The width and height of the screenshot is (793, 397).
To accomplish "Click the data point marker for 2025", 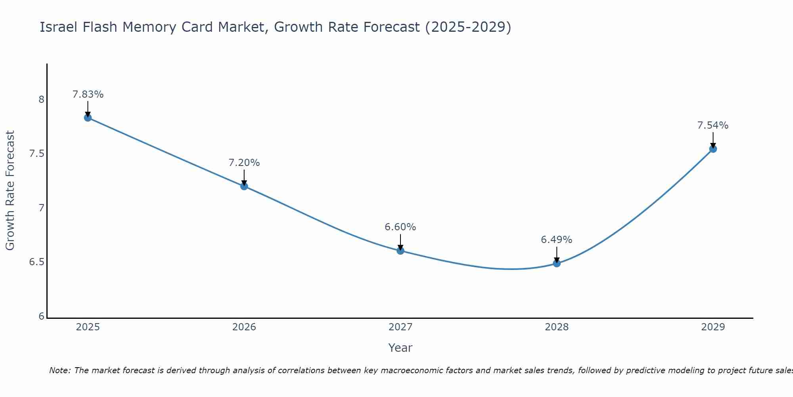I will click(x=88, y=118).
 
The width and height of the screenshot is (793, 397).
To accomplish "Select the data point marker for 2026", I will click(x=244, y=186).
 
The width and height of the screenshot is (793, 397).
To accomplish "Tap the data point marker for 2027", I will click(x=400, y=251).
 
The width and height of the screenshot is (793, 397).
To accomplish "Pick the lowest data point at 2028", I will click(x=557, y=263).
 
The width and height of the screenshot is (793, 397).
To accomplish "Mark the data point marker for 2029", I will click(x=713, y=149).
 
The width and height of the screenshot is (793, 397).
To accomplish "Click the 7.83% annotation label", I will click(x=88, y=94).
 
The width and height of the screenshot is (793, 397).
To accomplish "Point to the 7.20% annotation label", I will click(x=244, y=163).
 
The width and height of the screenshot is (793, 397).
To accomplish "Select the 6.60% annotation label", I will click(x=400, y=227).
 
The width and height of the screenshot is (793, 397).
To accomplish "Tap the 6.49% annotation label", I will click(x=557, y=240).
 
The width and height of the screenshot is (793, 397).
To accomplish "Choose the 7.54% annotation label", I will click(x=713, y=125).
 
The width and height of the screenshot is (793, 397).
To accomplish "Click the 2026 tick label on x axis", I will click(x=244, y=327).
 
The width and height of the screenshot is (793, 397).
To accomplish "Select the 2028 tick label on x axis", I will click(x=557, y=327).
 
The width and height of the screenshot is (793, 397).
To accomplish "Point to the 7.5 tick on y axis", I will click(x=36, y=154).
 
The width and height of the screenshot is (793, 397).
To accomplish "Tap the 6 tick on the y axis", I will click(x=42, y=316).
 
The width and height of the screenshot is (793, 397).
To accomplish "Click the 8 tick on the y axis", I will click(x=42, y=99).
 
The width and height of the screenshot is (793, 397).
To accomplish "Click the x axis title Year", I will click(x=400, y=348).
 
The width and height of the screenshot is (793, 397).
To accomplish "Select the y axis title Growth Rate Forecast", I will click(x=10, y=191).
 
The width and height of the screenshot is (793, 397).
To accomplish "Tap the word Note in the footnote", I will click(x=59, y=370).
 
